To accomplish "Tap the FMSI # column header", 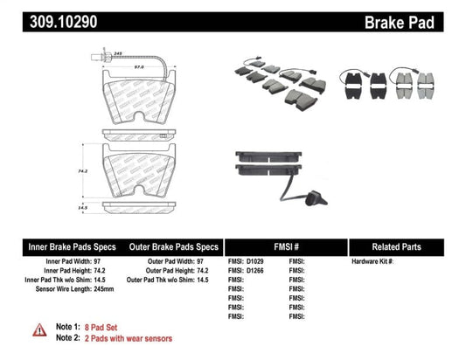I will pyautogui.click(x=285, y=247).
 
